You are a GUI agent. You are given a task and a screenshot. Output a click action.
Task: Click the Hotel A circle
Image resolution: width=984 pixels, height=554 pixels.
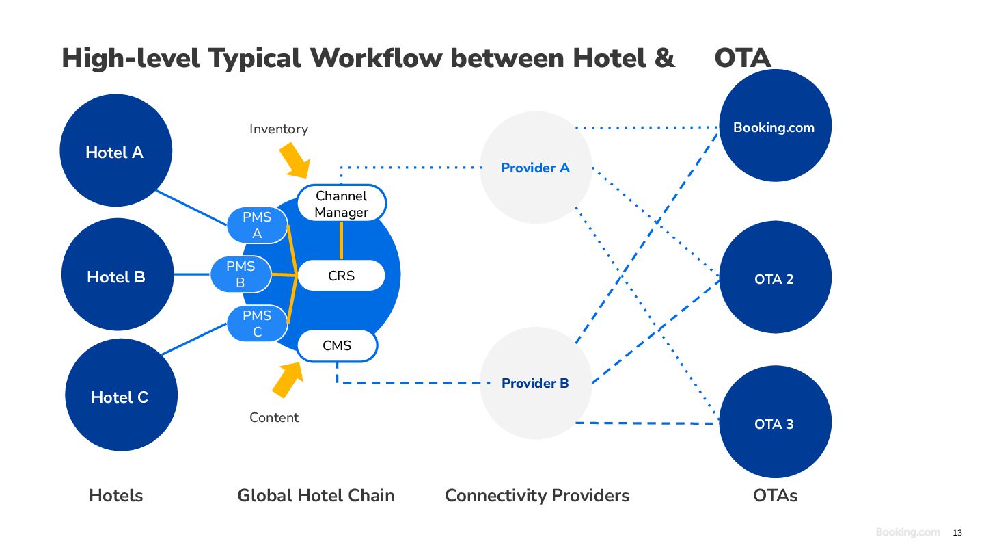[x=116, y=150]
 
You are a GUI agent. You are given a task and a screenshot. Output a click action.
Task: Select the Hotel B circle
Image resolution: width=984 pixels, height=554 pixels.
[x=118, y=274]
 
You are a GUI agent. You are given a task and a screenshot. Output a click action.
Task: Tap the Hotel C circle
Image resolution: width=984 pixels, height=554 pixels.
[x=121, y=395]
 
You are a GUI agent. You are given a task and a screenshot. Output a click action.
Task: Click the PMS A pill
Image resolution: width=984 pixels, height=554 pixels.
[x=258, y=225]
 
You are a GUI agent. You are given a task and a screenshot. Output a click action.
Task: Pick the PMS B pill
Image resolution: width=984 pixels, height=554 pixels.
[x=241, y=274]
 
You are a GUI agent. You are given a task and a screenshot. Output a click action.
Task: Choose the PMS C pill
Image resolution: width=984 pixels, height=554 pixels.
[x=258, y=323]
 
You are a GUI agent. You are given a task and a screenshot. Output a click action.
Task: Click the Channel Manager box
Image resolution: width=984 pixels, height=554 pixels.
[x=342, y=203]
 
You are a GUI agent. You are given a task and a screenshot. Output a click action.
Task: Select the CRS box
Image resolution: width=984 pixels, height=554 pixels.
[x=342, y=275]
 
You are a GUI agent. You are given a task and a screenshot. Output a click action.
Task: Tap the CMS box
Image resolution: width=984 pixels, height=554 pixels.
[x=337, y=345]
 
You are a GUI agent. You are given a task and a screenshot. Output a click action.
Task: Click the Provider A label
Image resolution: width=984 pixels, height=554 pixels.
[x=535, y=168]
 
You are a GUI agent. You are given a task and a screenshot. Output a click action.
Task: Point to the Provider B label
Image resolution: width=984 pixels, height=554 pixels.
[x=535, y=383]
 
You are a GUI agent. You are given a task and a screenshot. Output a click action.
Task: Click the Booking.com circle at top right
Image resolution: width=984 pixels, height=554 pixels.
[x=776, y=125]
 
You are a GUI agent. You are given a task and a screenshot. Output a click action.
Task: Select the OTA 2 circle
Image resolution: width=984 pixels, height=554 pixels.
[x=776, y=277]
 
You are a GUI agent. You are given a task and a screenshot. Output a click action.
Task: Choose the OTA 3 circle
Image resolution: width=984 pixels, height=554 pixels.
[x=776, y=421]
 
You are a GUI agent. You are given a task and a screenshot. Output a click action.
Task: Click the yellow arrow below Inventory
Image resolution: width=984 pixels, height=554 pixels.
[x=295, y=160]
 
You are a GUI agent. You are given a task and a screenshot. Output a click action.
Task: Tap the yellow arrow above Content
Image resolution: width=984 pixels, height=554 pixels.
[x=288, y=380]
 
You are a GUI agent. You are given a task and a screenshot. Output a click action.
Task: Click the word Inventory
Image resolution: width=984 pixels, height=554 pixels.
[x=279, y=129]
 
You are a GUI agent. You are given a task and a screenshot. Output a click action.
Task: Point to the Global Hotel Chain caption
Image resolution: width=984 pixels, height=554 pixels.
[x=316, y=495]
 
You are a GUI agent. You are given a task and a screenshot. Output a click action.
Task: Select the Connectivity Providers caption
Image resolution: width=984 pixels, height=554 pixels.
[x=537, y=495]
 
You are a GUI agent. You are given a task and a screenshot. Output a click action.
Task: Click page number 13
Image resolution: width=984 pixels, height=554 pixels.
[x=957, y=533]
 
